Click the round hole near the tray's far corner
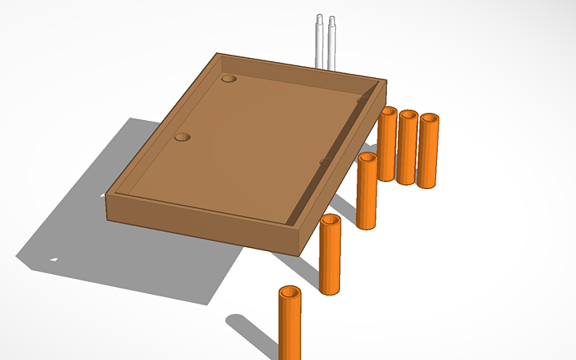click(229, 79)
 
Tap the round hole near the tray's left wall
click(183, 137)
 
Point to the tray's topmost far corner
click(219, 54)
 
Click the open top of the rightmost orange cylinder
click(429, 118)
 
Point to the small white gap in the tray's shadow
click(54, 258)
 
